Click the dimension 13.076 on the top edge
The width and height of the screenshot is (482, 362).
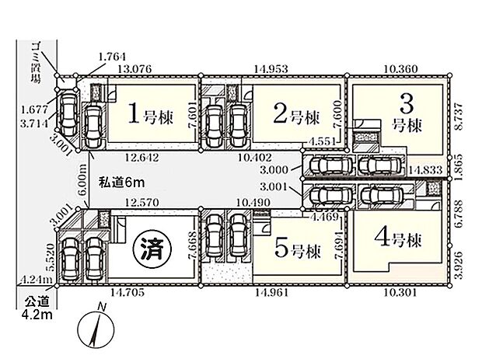coord(134,68)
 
